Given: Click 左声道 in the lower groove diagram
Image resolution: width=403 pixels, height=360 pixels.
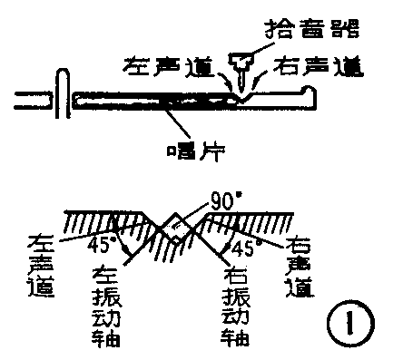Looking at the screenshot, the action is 42,263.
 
